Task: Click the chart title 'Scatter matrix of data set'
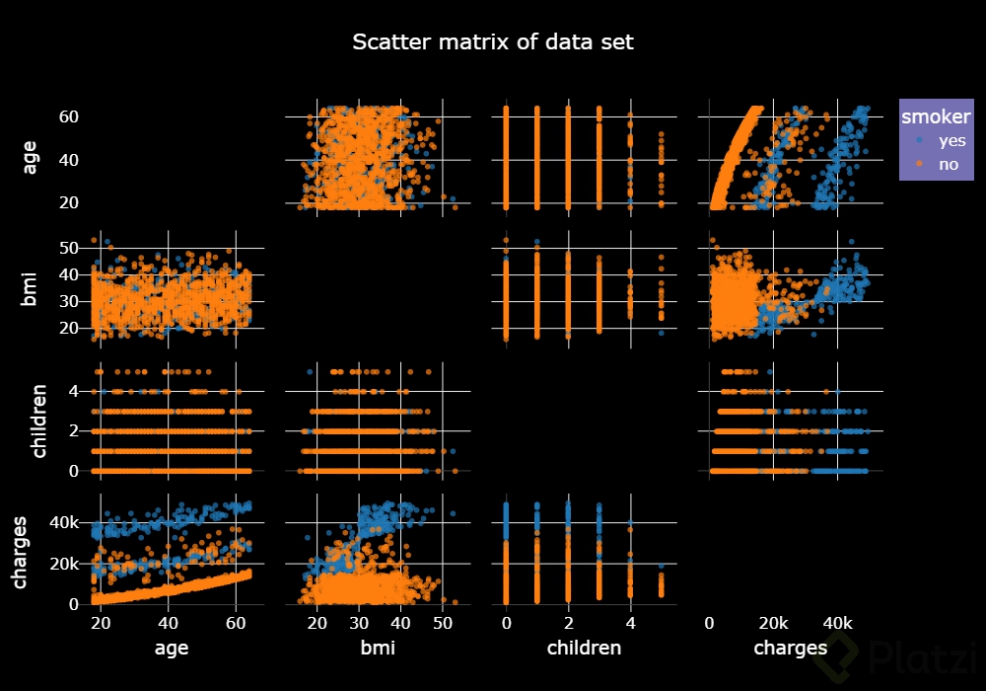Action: coord(493,42)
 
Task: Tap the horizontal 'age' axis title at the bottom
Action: coord(172,649)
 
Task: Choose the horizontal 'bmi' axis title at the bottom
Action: coord(378,649)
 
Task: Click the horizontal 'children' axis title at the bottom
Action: coord(585,649)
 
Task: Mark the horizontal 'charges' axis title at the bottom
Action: coord(790,649)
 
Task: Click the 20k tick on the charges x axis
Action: coord(773,624)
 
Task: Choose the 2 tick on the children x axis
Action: coord(568,624)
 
